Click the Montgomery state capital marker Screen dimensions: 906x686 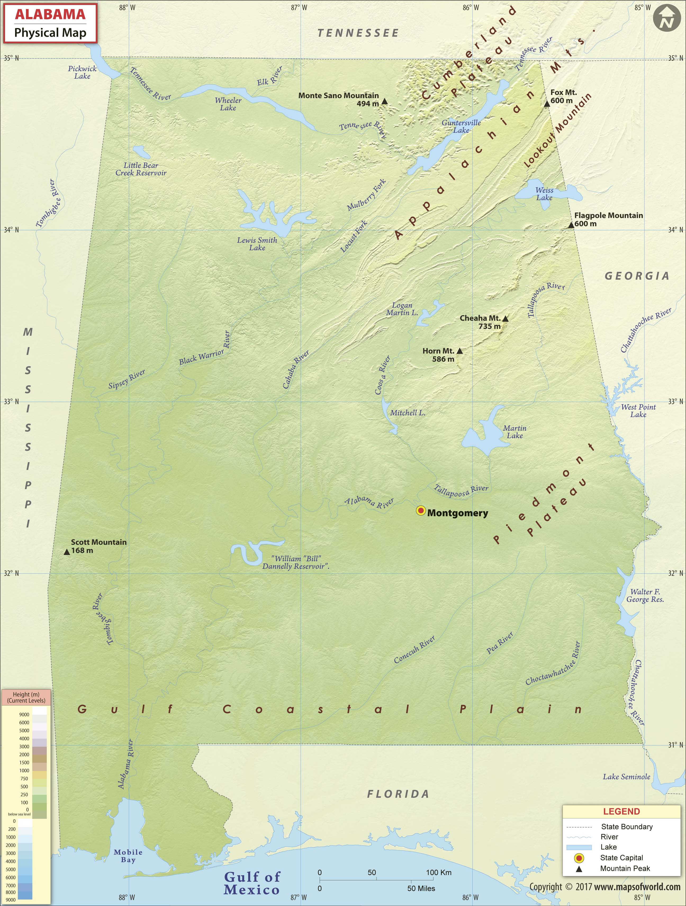421,510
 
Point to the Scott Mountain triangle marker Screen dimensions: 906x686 67,552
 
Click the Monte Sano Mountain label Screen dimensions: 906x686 339,95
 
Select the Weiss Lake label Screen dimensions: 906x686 544,194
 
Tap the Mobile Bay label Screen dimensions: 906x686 128,856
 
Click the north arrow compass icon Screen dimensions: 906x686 664,19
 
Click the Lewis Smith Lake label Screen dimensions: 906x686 257,244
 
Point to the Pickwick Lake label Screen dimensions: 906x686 82,72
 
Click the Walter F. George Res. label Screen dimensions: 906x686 645,595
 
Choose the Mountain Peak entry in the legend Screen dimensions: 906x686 625,868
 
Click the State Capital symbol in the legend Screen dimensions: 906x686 579,858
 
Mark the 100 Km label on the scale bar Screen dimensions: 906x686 439,872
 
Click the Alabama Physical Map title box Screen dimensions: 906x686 50,23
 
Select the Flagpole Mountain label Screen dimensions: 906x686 608,215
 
